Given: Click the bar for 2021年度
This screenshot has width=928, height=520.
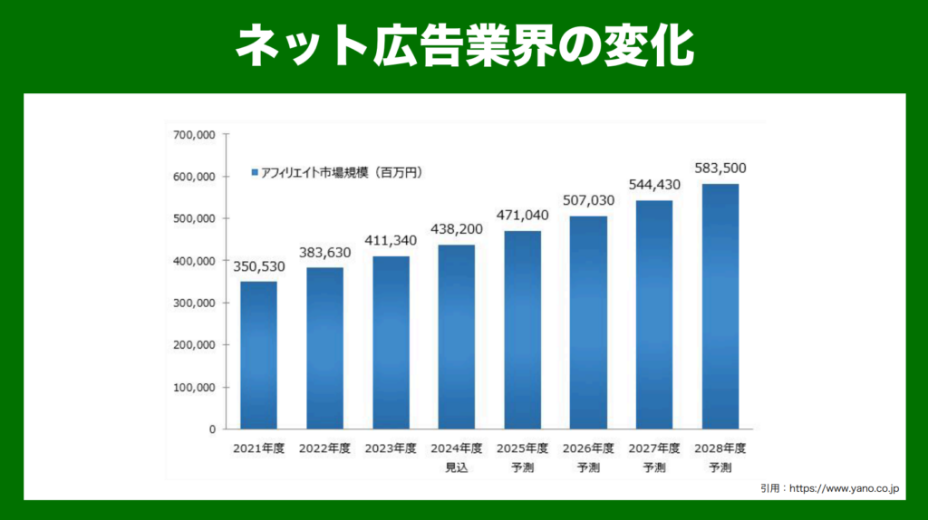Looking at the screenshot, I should pyautogui.click(x=258, y=355).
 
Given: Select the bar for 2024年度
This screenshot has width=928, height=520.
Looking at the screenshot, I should pyautogui.click(x=457, y=337).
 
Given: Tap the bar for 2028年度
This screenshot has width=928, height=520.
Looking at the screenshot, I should pyautogui.click(x=720, y=306).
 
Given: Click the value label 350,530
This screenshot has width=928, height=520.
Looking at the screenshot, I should pyautogui.click(x=258, y=268).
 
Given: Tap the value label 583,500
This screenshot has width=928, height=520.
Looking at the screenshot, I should pyautogui.click(x=720, y=169).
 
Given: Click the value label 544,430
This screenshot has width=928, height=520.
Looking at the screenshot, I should pyautogui.click(x=654, y=186).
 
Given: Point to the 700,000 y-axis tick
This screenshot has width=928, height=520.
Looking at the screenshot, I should pyautogui.click(x=194, y=135).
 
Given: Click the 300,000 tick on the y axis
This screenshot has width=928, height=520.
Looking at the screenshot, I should pyautogui.click(x=194, y=303).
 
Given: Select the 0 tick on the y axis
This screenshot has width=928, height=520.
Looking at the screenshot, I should pyautogui.click(x=211, y=429).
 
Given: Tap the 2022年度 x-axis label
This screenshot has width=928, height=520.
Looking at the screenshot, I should pyautogui.click(x=324, y=448).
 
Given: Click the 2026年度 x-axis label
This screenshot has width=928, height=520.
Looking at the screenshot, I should pyautogui.click(x=589, y=448).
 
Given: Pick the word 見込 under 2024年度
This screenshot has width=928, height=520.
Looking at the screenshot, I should pyautogui.click(x=457, y=467).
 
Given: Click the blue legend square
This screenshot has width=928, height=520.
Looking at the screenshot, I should pyautogui.click(x=255, y=172).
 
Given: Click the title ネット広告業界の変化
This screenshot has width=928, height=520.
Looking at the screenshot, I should pyautogui.click(x=464, y=45).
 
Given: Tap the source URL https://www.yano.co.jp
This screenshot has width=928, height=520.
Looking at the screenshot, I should pyautogui.click(x=843, y=489).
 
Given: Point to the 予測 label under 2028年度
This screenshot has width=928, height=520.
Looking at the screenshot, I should pyautogui.click(x=720, y=467).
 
